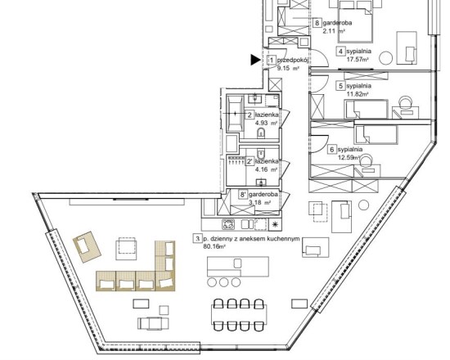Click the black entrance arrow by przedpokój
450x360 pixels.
click(x=254, y=60)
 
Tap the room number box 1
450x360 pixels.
click(x=272, y=60)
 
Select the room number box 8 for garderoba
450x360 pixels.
click(x=317, y=23)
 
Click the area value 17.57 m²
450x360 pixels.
click(x=358, y=59)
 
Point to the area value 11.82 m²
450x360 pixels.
click(x=358, y=93)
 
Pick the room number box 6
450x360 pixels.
click(x=332, y=150)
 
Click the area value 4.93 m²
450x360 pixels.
click(x=266, y=124)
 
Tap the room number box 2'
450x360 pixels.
click(x=250, y=162)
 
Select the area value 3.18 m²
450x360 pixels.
click(x=259, y=202)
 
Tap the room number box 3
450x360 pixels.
click(x=198, y=239)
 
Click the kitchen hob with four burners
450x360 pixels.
click(x=228, y=224)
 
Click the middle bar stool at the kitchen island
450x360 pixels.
click(x=223, y=282)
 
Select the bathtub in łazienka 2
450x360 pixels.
click(x=236, y=114)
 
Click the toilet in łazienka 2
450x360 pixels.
click(x=261, y=133)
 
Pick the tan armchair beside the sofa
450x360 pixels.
click(x=88, y=247)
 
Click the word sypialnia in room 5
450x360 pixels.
click(x=358, y=86)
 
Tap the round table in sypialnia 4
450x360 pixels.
click(x=385, y=58)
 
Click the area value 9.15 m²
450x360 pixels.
click(x=288, y=69)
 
